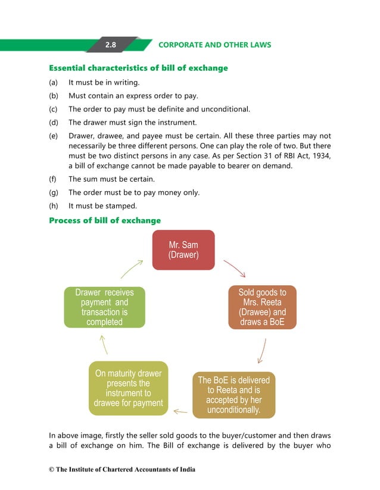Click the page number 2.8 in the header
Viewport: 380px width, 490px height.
[x=111, y=45]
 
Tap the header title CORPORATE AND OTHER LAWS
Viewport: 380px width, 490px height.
[x=214, y=45]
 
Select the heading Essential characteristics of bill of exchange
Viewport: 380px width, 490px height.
[x=138, y=68]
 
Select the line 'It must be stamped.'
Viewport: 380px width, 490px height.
[x=102, y=206]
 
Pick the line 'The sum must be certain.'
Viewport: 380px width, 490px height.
[x=111, y=179]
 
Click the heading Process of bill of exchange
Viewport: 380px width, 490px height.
[x=105, y=221]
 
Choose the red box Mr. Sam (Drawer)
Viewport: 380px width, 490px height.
[x=183, y=250]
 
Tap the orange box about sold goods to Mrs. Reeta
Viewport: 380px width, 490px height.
[x=262, y=307]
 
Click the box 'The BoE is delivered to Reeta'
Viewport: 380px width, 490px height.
[x=233, y=395]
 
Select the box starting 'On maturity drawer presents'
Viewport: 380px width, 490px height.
[x=128, y=388]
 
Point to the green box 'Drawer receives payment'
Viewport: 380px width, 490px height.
[x=104, y=307]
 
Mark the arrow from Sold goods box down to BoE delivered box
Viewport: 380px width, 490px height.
[x=261, y=351]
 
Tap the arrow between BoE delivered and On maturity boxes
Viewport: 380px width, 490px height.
[x=180, y=411]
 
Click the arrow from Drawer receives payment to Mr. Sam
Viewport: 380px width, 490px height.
[x=132, y=269]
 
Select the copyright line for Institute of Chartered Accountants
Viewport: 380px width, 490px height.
[x=122, y=470]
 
